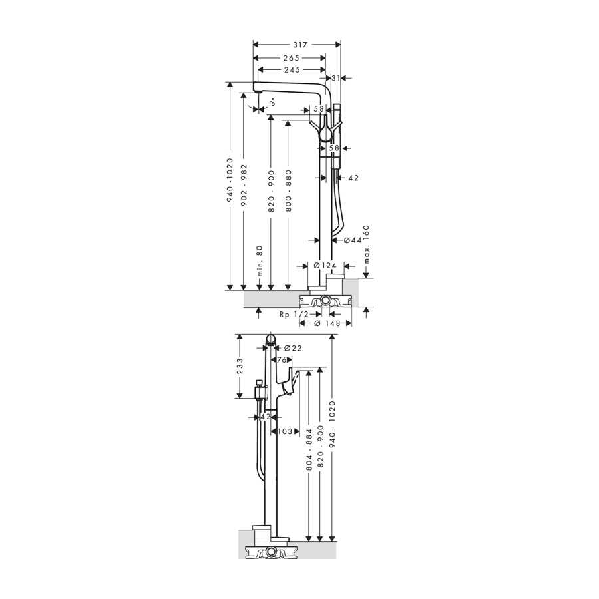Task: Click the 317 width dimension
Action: pyautogui.click(x=300, y=45)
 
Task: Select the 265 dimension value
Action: pyautogui.click(x=291, y=58)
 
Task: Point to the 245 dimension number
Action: pyautogui.click(x=292, y=70)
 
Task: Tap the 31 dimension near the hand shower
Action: pyautogui.click(x=336, y=78)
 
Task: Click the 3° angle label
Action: pyautogui.click(x=272, y=102)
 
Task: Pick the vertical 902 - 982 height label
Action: pyautogui.click(x=244, y=185)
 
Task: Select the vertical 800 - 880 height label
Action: pyautogui.click(x=288, y=191)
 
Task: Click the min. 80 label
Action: pyautogui.click(x=260, y=261)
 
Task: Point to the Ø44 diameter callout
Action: pyautogui.click(x=352, y=240)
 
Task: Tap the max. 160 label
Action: pyautogui.click(x=366, y=244)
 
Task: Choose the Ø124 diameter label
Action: pyautogui.click(x=325, y=266)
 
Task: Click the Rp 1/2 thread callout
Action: pyautogui.click(x=294, y=314)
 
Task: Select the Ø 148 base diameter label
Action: pyautogui.click(x=327, y=323)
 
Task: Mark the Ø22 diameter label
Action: pyautogui.click(x=293, y=348)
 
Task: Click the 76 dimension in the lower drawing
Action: pyautogui.click(x=282, y=360)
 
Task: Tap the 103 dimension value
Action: pyautogui.click(x=285, y=431)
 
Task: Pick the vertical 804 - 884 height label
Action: pyautogui.click(x=309, y=450)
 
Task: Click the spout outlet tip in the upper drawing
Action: pyautogui.click(x=258, y=92)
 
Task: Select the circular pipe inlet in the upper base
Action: pyautogui.click(x=325, y=301)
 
